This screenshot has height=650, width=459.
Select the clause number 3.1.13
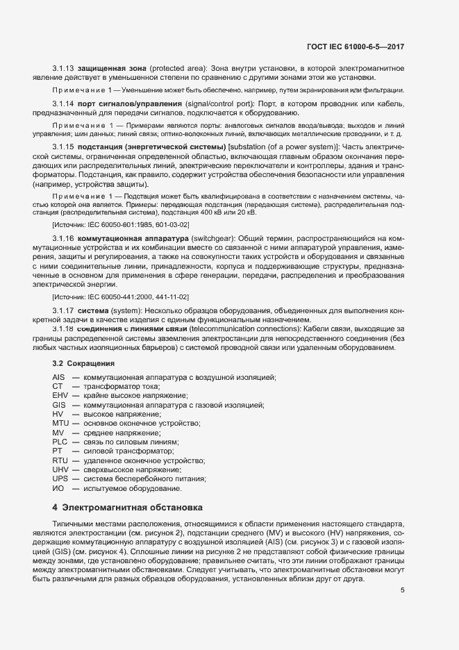click(63, 68)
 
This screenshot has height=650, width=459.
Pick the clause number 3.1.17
click(63, 310)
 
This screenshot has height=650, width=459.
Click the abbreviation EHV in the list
click(60, 395)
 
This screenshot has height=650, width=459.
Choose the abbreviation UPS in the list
click(60, 479)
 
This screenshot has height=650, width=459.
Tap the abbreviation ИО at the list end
click(58, 489)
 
